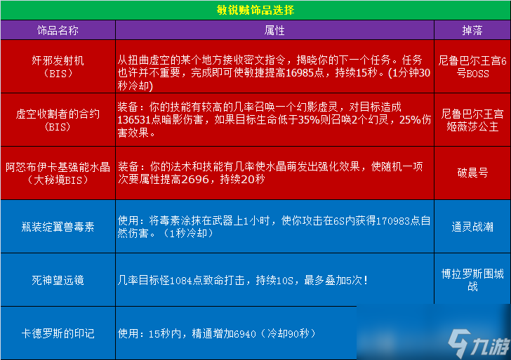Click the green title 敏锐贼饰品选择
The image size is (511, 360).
255,10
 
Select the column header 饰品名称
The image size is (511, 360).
58,30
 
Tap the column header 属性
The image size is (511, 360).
274,30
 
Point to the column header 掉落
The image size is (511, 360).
472,30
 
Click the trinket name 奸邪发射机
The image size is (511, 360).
58,60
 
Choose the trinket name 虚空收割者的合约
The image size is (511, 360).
58,114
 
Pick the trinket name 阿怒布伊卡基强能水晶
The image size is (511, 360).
58,167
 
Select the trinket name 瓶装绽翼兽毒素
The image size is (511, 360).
58,227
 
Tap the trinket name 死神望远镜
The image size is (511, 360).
58,280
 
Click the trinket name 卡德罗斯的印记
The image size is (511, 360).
58,333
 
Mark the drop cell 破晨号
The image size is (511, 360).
472,173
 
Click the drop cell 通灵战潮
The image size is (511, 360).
472,227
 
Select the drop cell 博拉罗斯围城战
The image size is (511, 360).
472,280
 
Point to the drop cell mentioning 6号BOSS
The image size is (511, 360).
472,67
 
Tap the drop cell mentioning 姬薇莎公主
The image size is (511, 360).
472,120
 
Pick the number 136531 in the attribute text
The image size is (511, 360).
134,120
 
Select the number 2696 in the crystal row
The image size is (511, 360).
195,179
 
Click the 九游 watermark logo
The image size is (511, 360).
479,343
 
